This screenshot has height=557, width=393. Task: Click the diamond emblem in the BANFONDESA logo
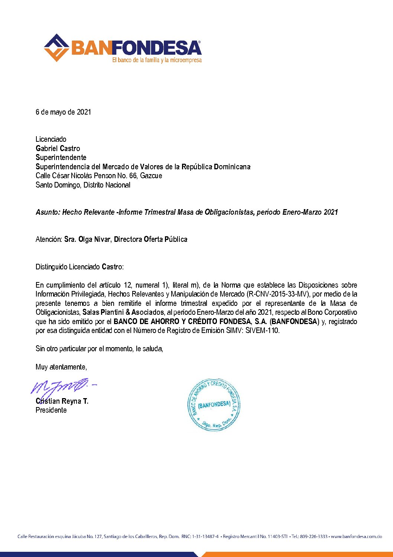[56, 48]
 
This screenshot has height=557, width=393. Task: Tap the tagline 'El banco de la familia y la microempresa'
[157, 60]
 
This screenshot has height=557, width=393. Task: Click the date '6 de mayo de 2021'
[63, 112]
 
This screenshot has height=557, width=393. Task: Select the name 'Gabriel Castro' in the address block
[58, 148]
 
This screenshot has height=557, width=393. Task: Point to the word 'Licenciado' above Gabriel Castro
[51, 139]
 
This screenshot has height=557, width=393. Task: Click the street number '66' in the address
[133, 176]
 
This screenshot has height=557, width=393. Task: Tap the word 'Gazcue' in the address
[151, 176]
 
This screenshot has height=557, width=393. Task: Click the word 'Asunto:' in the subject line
[48, 212]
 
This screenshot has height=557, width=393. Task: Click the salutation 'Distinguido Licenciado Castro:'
[79, 267]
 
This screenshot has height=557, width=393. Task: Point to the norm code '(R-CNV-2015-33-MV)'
[278, 294]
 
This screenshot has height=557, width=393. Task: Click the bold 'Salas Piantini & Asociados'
[123, 312]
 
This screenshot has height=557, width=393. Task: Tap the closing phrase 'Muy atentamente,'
[61, 367]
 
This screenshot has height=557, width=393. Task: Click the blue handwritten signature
[61, 387]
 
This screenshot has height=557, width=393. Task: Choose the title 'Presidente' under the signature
[51, 410]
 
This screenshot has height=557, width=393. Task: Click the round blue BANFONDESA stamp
[214, 405]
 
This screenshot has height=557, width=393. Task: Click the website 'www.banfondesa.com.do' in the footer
[356, 537]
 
